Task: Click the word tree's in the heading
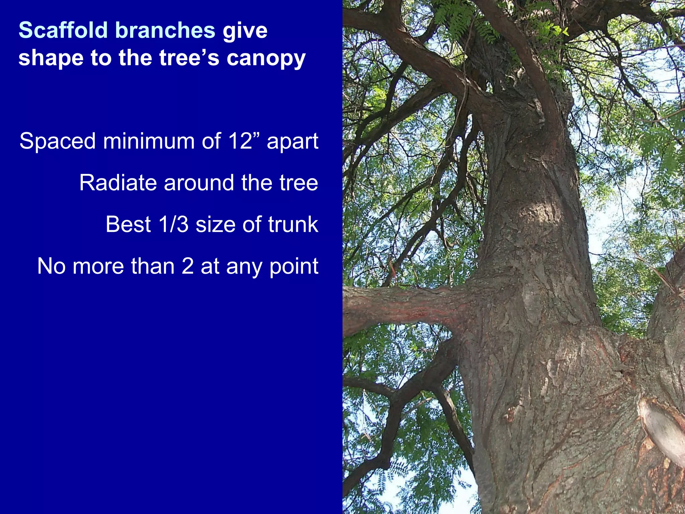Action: (189, 58)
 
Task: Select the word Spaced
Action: (58, 141)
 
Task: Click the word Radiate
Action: (118, 183)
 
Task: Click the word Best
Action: (128, 224)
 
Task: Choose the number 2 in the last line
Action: (187, 266)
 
